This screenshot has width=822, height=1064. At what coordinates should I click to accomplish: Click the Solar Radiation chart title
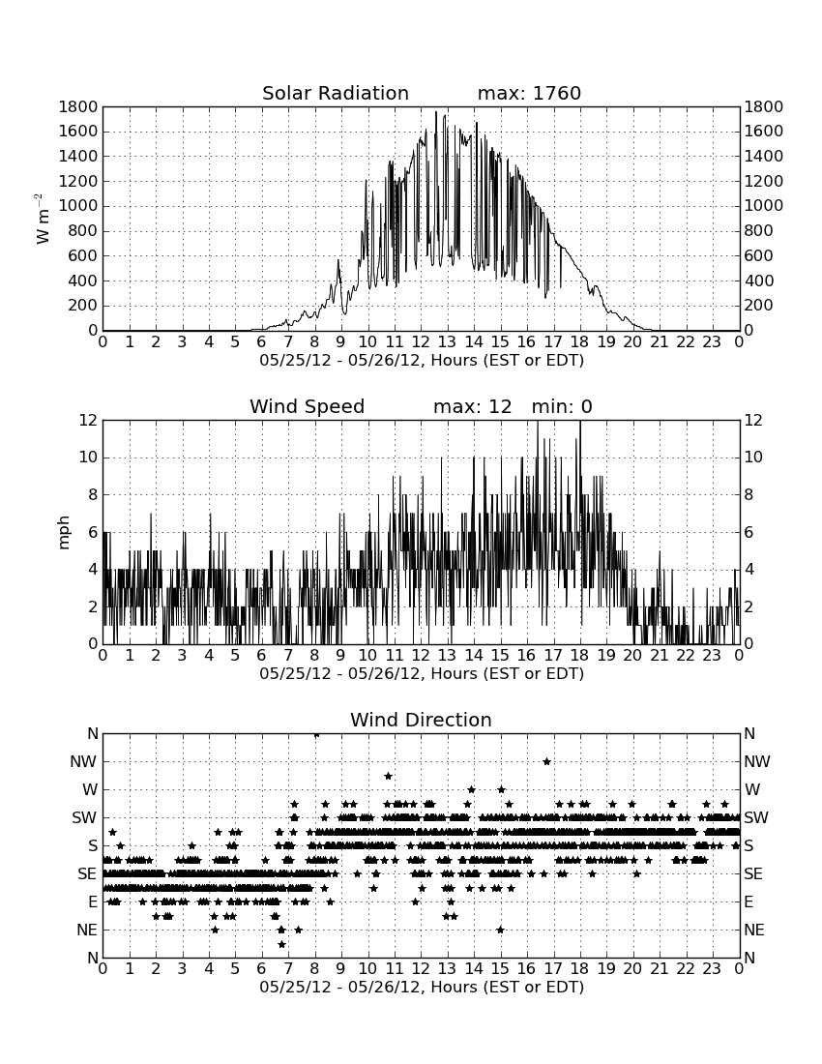(x=336, y=93)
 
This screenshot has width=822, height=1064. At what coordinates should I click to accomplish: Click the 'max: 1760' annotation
(x=529, y=93)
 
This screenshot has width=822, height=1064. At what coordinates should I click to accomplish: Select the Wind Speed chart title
(x=308, y=406)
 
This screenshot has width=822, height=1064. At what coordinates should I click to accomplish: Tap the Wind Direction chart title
(x=421, y=720)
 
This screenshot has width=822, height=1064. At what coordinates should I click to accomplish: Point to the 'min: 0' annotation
(x=562, y=406)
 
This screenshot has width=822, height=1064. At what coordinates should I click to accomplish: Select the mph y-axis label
(x=64, y=533)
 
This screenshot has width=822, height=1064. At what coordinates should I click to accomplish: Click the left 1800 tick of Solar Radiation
(x=78, y=106)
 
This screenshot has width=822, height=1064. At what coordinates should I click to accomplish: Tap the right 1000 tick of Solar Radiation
(x=764, y=206)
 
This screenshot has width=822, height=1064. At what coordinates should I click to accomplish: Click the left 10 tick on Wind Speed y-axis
(x=89, y=458)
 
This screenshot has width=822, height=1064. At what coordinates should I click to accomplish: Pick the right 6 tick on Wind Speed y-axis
(x=749, y=532)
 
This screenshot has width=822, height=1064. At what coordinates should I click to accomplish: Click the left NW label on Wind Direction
(x=83, y=761)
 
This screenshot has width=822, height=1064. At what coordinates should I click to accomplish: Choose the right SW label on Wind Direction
(x=756, y=817)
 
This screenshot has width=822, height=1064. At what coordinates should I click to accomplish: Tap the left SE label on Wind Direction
(x=87, y=874)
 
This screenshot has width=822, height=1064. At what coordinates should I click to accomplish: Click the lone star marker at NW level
(x=546, y=761)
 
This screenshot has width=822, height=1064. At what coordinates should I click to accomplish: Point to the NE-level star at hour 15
(x=501, y=930)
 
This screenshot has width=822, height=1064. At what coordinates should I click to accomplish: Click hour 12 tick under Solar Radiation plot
(x=421, y=342)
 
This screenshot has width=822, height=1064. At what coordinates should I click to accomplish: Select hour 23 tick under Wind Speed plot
(x=712, y=656)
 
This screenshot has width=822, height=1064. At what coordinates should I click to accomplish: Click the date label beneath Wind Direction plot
(x=422, y=987)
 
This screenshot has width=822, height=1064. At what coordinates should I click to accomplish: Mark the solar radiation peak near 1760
(x=436, y=112)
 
